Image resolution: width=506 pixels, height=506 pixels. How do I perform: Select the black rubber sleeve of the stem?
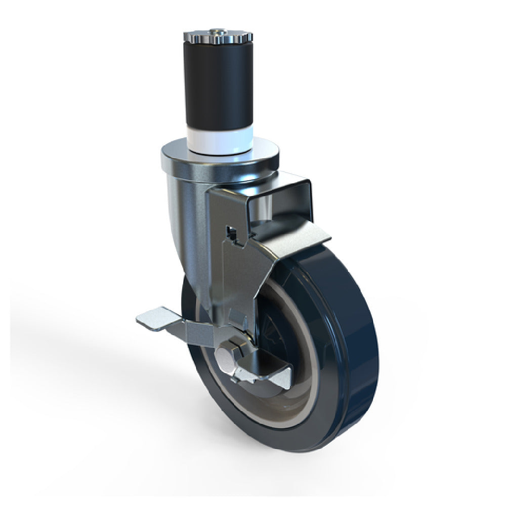[x=219, y=86]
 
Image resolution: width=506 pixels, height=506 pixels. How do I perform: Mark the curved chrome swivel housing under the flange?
[x=187, y=213]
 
